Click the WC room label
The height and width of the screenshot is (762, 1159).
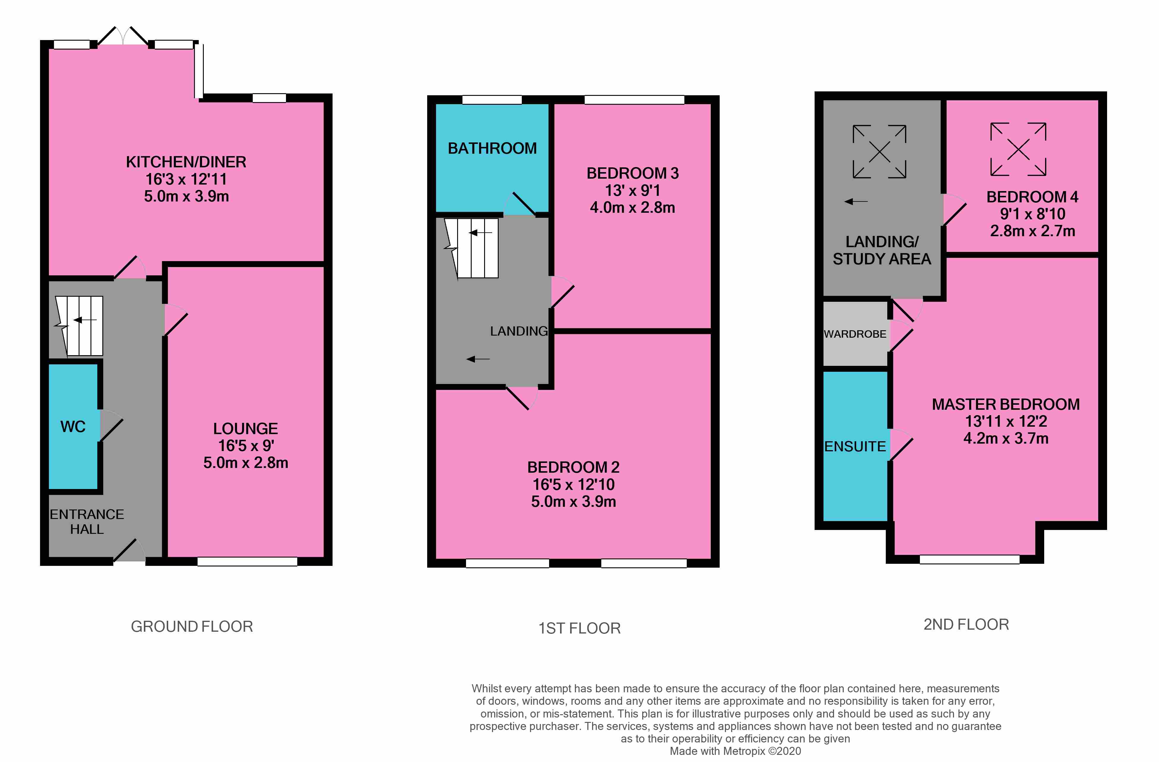(73, 427)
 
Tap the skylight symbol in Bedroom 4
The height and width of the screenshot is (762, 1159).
(1018, 149)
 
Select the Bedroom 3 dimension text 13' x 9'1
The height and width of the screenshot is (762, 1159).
(632, 190)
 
